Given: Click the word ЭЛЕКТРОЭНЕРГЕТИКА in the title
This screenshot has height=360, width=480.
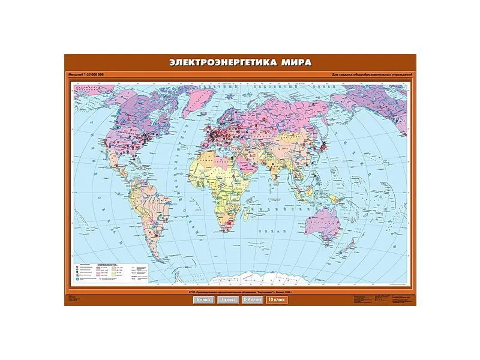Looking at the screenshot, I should (x=212, y=62).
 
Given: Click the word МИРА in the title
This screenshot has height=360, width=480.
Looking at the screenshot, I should (x=295, y=62).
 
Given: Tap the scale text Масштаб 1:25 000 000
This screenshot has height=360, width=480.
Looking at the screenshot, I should (x=88, y=74).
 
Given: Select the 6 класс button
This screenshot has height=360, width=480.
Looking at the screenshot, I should (x=203, y=299).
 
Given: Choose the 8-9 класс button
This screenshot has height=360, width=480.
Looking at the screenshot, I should (x=252, y=299).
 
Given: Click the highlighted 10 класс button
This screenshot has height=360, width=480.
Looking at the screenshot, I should (x=277, y=299).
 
